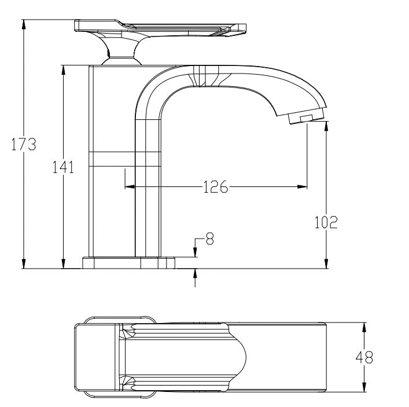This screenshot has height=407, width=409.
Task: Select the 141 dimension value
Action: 63,167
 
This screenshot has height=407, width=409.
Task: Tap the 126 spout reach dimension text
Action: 215,187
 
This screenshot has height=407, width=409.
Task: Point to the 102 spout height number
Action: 326,222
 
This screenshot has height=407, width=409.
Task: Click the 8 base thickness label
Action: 209,239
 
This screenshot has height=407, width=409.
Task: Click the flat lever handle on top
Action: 160,27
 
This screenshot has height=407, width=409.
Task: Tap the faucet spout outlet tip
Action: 305,118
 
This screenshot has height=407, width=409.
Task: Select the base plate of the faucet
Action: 128,263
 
